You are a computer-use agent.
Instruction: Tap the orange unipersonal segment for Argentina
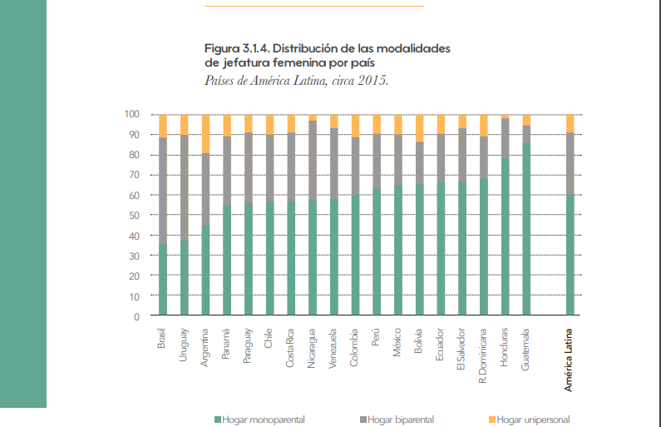(x=206, y=133)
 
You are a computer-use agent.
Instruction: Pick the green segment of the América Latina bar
(x=570, y=255)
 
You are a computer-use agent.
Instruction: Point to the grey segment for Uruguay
(x=185, y=188)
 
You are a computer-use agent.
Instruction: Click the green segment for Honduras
(x=505, y=236)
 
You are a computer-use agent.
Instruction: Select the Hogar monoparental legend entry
(x=259, y=420)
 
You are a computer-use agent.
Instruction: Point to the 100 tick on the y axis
(x=132, y=114)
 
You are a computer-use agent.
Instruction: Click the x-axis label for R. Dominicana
(x=483, y=355)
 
